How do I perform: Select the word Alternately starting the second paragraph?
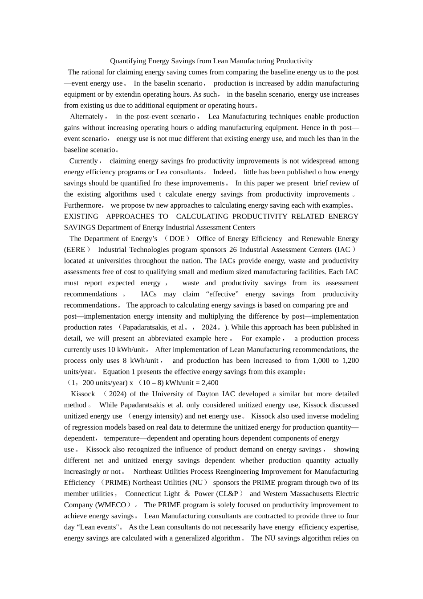(86, 117)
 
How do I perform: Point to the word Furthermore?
(83, 205)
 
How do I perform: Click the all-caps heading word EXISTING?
(81, 217)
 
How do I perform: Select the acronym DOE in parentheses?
(177, 239)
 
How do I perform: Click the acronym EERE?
(74, 250)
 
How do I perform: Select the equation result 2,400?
(210, 383)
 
